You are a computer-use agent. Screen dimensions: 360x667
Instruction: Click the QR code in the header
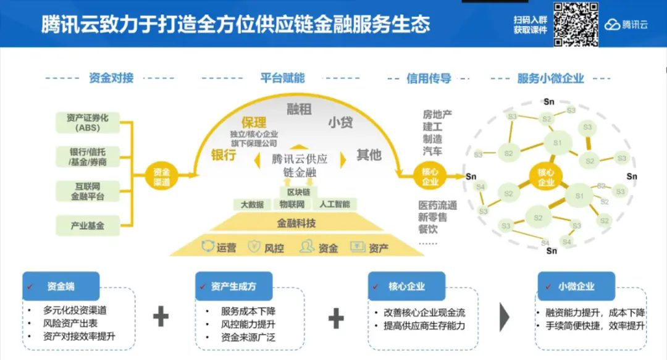576,24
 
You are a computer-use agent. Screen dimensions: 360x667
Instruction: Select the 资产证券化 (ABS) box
86,122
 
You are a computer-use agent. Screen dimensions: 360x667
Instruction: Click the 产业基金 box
86,225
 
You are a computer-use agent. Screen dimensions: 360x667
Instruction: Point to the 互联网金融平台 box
86,191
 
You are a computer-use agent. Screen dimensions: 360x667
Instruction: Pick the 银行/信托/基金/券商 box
86,156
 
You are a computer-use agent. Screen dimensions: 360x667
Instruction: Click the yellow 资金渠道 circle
162,175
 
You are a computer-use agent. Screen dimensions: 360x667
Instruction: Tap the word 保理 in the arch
253,122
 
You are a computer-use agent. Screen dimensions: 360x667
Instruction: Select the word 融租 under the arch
299,109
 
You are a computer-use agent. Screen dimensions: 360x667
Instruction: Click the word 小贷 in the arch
340,122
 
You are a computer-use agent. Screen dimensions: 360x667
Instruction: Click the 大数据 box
251,204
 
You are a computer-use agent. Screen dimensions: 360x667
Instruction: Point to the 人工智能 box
335,204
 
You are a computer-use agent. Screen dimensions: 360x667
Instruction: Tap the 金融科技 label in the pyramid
296,223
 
